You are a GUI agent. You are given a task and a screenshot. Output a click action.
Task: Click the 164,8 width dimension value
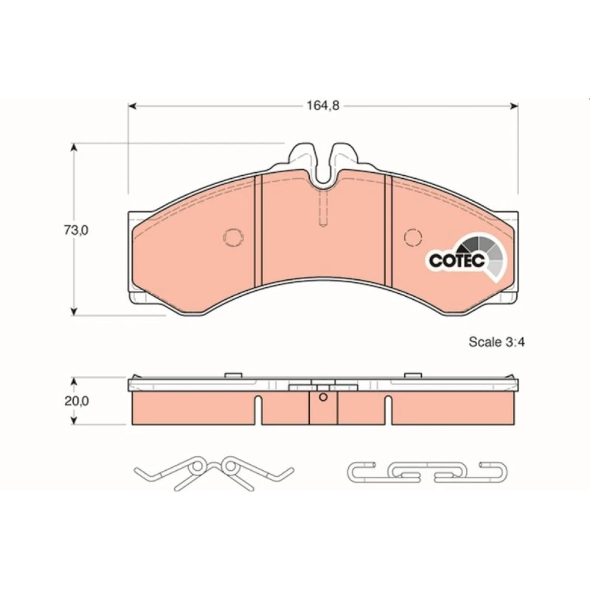point(323,106)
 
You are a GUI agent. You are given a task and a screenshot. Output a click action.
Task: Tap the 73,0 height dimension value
point(76,230)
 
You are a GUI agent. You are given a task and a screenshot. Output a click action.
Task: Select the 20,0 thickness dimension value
point(76,401)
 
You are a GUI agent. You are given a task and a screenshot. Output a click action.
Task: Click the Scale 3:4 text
point(496,342)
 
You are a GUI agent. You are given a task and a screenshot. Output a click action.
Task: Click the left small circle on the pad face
point(234,237)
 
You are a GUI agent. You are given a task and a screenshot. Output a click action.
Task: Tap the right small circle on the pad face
point(413,237)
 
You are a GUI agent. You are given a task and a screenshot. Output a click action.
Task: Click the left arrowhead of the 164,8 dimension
point(132,106)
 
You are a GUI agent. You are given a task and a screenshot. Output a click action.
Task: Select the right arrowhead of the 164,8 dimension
point(514,106)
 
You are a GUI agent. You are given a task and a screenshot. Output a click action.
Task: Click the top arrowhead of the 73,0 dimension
point(74,147)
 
